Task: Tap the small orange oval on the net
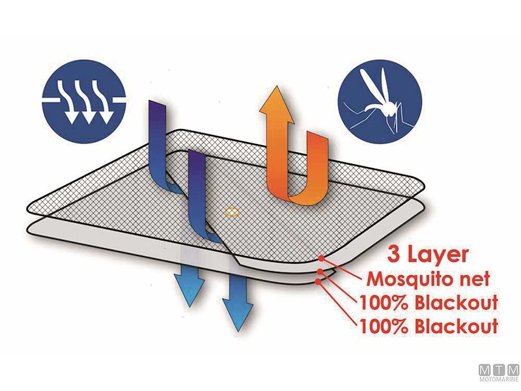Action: point(232,212)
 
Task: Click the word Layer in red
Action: point(437,256)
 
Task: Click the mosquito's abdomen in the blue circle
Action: point(371,108)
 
